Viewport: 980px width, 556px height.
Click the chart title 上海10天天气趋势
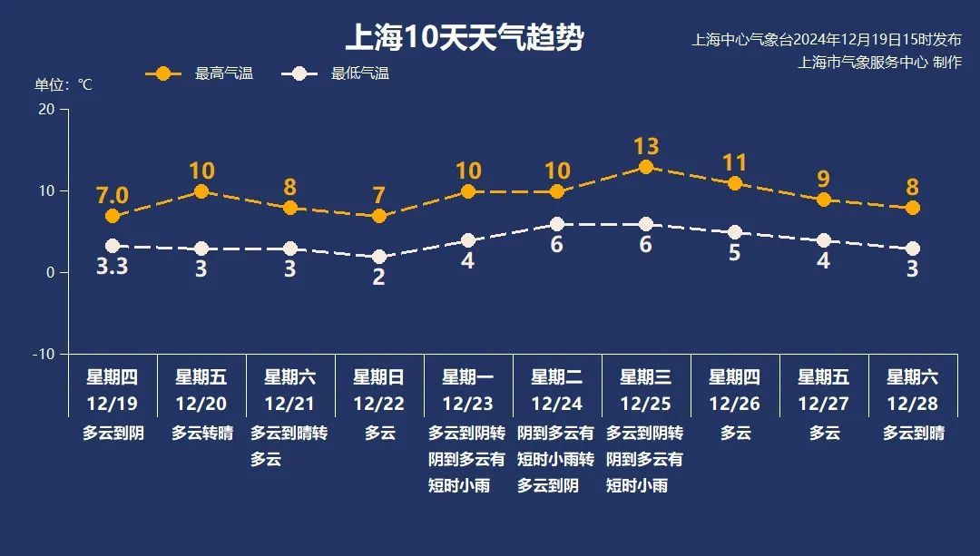pos(464,38)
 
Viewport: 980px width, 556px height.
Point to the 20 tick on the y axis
pos(44,110)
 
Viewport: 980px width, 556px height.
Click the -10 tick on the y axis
pos(43,354)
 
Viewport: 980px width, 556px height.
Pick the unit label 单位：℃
pos(64,85)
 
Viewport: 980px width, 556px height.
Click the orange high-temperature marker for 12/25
pos(646,167)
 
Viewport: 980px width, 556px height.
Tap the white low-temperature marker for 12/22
pos(379,257)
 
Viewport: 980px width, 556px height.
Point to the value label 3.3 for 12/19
pos(113,268)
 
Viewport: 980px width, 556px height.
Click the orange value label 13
pos(646,146)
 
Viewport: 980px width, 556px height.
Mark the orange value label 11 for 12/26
pos(735,163)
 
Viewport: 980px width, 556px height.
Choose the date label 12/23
pos(468,404)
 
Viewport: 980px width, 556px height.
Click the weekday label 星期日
pos(379,377)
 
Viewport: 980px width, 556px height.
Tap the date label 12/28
pos(913,404)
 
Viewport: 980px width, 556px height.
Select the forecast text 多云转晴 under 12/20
pos(201,434)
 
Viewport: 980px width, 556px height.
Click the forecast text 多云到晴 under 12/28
pos(913,434)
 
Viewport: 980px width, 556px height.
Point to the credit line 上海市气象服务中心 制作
pos(879,63)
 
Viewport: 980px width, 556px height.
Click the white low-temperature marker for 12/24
pos(557,224)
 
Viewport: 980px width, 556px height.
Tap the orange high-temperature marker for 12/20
pos(201,191)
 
